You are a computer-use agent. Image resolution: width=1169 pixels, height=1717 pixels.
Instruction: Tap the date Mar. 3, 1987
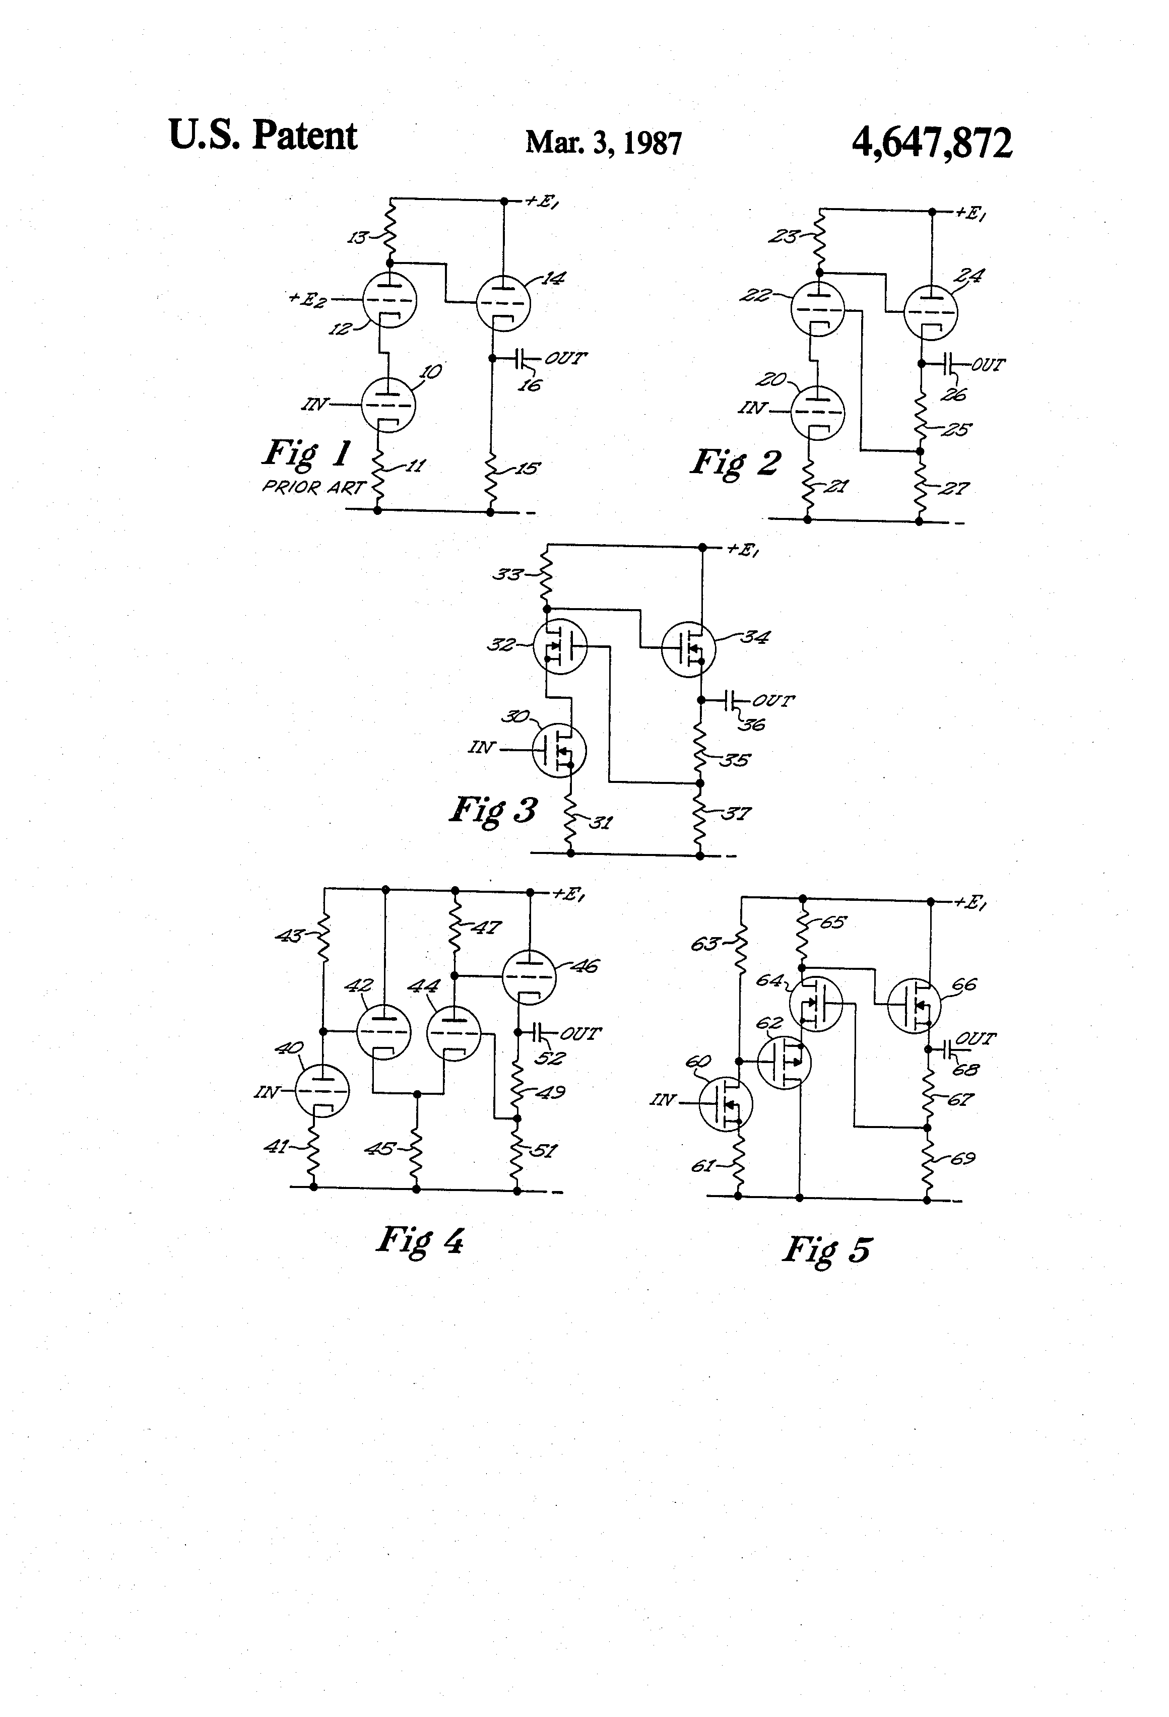(x=603, y=143)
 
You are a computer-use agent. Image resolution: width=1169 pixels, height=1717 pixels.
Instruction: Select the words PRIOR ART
(x=313, y=488)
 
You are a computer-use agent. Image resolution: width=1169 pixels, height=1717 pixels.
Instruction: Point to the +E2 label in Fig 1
(x=307, y=299)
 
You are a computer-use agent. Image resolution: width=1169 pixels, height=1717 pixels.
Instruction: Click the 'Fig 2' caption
(x=735, y=463)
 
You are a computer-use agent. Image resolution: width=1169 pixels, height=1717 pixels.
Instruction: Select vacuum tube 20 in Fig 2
(x=816, y=412)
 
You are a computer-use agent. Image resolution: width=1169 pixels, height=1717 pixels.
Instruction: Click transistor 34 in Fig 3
(x=688, y=648)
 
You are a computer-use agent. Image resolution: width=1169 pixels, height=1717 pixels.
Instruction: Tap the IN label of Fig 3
(x=481, y=748)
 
